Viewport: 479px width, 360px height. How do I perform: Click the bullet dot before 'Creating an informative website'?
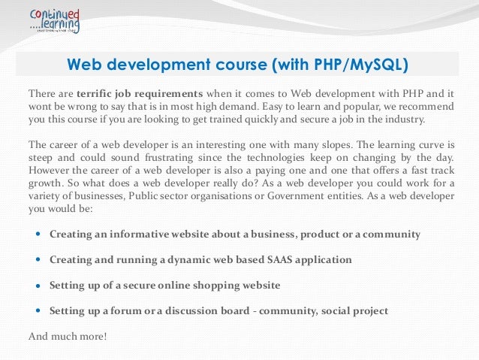[x=38, y=234]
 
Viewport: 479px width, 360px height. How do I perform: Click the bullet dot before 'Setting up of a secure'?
[x=38, y=286]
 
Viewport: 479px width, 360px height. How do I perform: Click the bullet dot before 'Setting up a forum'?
[x=38, y=310]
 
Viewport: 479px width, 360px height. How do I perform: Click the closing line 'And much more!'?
[x=68, y=335]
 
